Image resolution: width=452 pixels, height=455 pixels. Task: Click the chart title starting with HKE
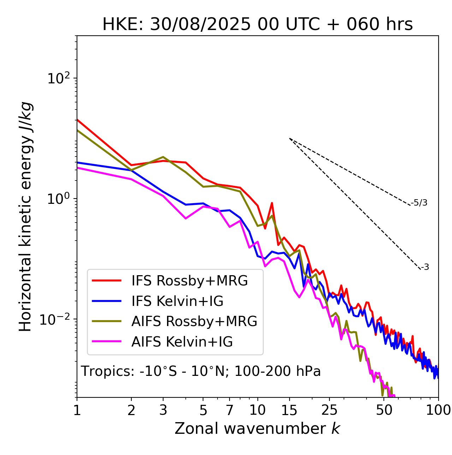click(257, 25)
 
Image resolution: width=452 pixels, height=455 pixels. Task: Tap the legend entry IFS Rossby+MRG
click(190, 281)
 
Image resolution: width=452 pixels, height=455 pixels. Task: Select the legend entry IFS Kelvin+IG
click(177, 301)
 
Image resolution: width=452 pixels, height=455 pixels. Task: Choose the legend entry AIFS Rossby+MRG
click(194, 321)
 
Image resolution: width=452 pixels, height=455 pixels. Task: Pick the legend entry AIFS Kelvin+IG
click(182, 342)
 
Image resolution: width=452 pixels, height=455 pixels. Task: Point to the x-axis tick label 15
click(290, 410)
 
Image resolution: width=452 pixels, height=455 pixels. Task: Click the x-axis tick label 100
click(439, 410)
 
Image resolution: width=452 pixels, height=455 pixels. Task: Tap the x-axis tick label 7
click(230, 410)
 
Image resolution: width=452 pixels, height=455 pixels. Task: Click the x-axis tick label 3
click(163, 410)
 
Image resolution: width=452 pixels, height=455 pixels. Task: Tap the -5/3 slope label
click(419, 203)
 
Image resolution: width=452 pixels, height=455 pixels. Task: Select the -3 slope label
click(425, 267)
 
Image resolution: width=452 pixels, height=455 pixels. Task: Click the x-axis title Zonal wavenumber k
click(257, 429)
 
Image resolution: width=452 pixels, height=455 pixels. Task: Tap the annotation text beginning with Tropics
click(201, 372)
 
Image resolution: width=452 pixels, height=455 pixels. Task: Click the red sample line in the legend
click(107, 281)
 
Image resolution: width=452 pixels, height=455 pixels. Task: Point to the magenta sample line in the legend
click(107, 342)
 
